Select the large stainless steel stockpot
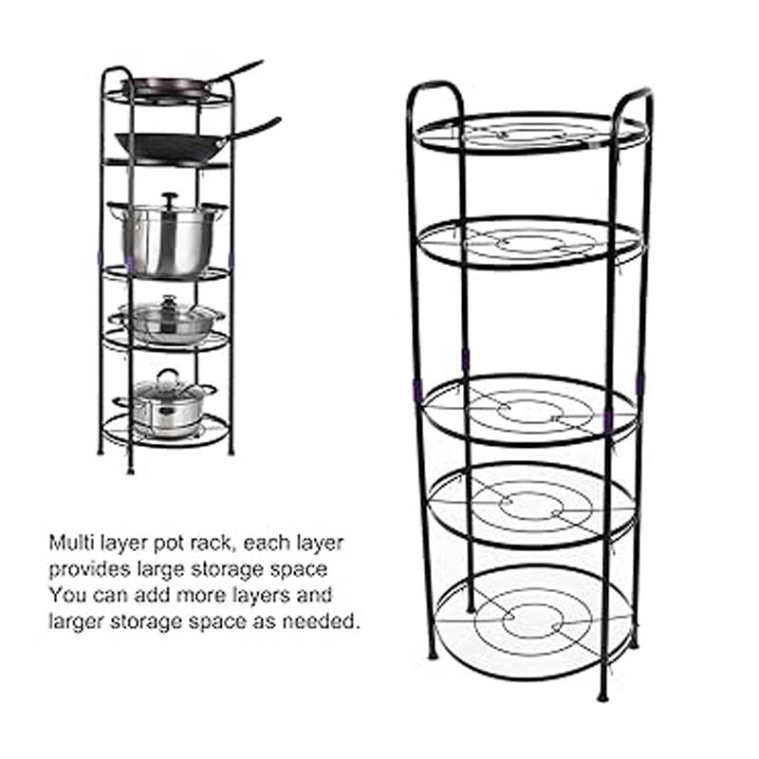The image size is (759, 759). (166, 236)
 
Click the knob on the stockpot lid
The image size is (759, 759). (170, 198)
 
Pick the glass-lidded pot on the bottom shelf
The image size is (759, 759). (165, 404)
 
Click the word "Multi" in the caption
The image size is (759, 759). (70, 543)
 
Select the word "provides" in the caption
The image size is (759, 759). (89, 569)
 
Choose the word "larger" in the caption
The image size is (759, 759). (76, 622)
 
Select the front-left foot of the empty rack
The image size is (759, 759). (433, 655)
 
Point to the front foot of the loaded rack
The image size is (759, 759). (130, 470)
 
